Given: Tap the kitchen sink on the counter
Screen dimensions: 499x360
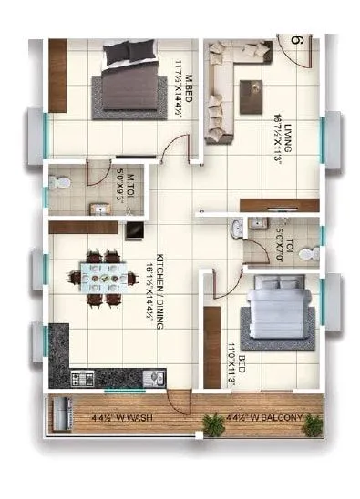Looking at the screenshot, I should [x=155, y=376].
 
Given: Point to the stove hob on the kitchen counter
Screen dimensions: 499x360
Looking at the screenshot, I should [x=82, y=376].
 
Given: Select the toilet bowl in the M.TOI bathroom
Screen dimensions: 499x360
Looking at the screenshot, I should [x=60, y=182].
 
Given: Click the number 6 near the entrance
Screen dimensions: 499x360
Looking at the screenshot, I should [x=296, y=40].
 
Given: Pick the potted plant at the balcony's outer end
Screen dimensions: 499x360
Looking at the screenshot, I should [x=313, y=423].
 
